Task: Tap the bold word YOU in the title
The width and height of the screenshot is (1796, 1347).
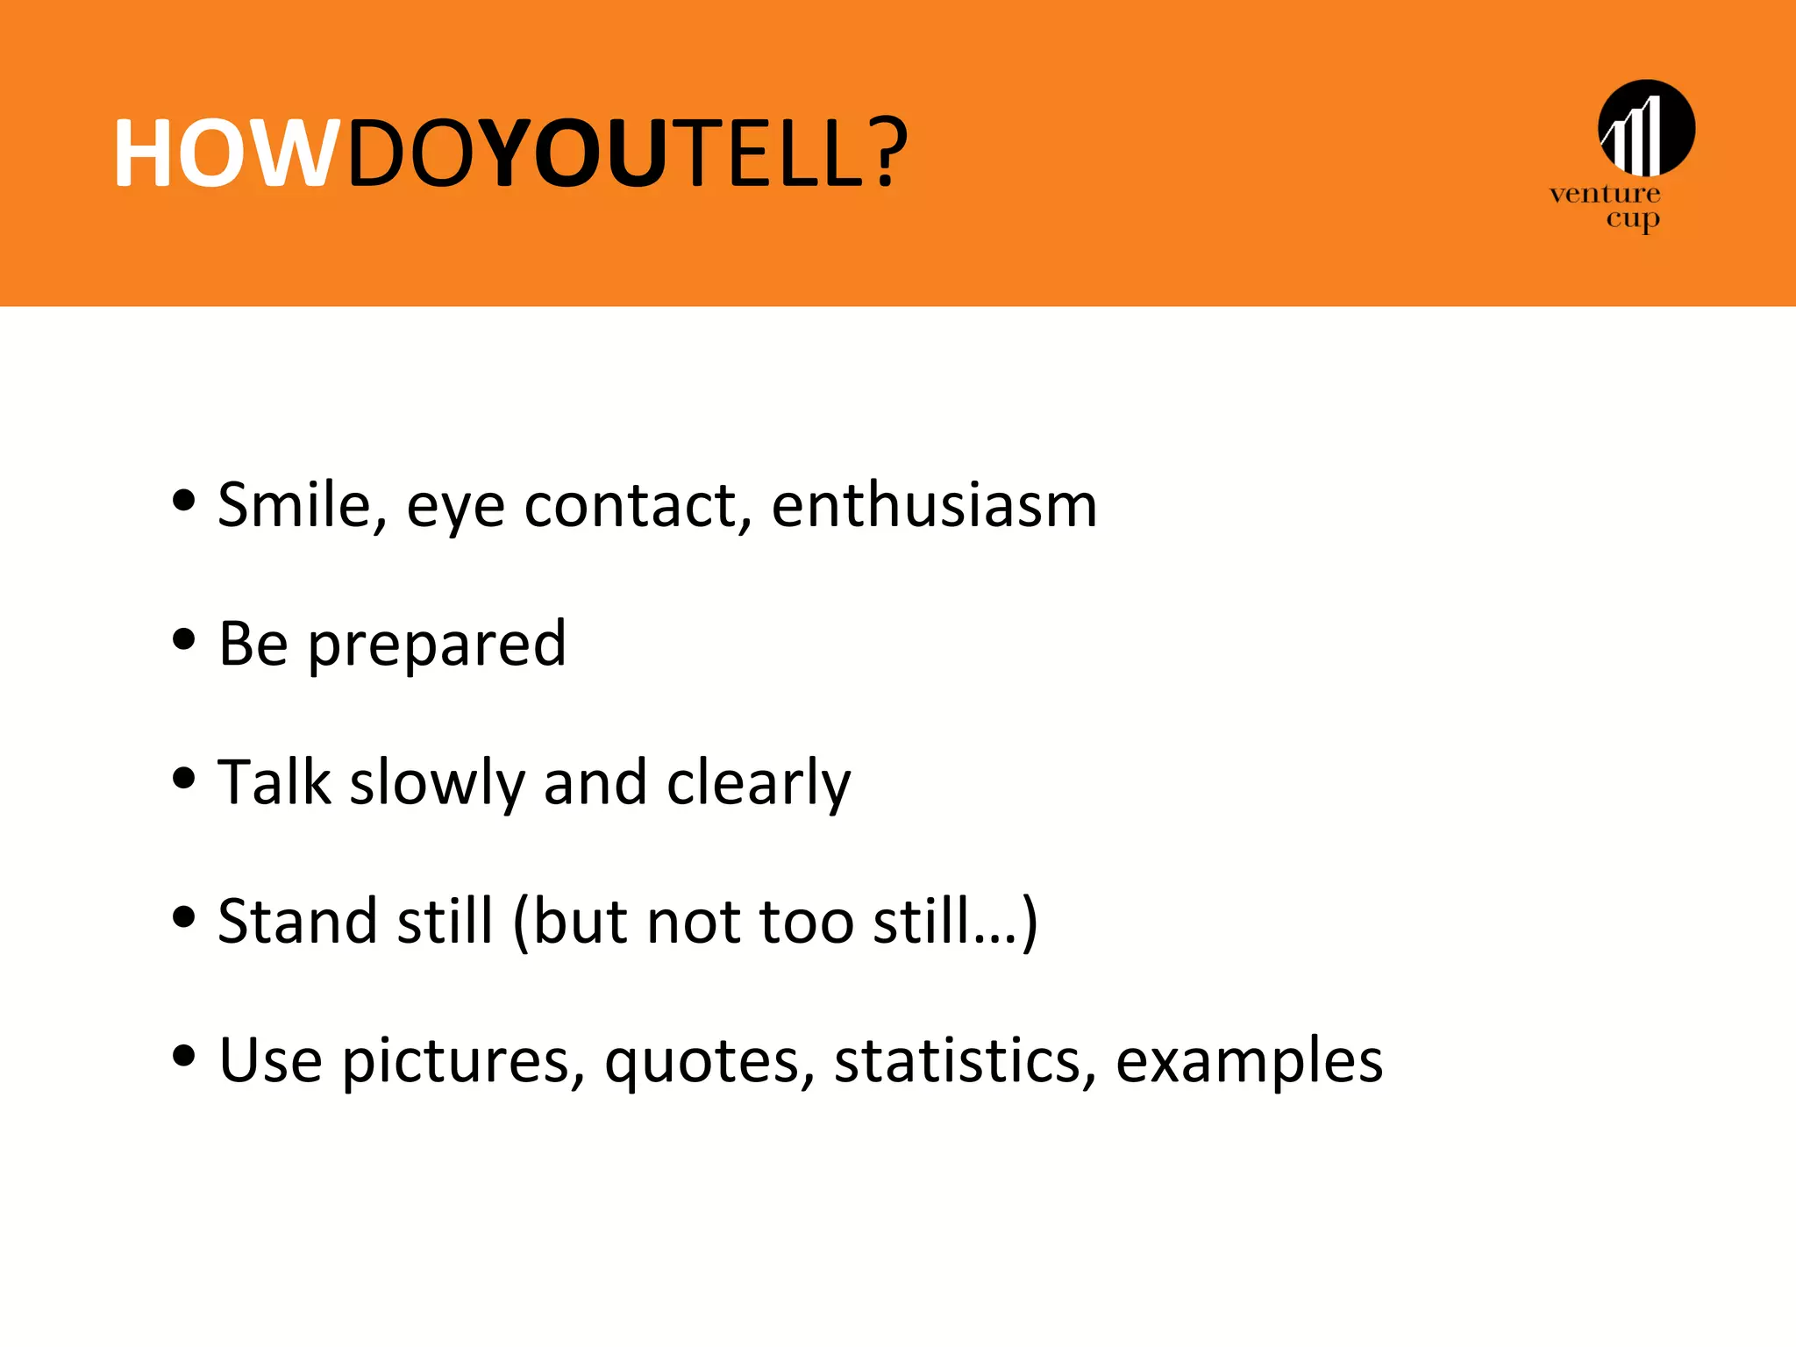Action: pos(575,154)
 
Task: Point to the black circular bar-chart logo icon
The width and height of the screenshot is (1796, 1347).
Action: pos(1646,128)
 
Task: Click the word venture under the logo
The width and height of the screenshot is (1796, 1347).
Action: pos(1604,194)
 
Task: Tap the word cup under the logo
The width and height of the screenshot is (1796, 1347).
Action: pos(1632,219)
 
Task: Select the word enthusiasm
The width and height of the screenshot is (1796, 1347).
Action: pos(934,506)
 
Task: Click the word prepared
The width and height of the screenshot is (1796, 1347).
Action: pos(437,645)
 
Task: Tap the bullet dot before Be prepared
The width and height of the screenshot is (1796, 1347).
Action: pos(183,639)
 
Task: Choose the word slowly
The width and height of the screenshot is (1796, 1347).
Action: pos(437,783)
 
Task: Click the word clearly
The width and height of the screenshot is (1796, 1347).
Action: pos(759,783)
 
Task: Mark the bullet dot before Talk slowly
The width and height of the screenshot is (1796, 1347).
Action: pos(183,778)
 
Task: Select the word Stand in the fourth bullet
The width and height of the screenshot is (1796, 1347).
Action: pos(298,922)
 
